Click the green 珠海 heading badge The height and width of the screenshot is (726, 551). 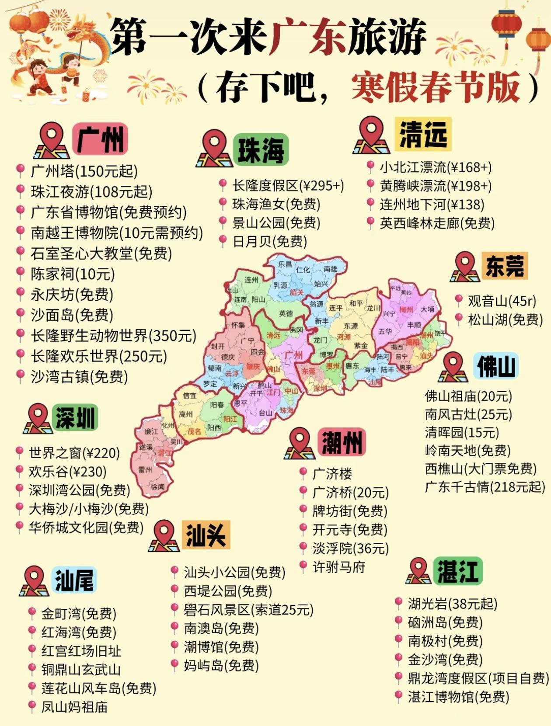click(261, 150)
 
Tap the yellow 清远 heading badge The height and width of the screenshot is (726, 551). click(423, 134)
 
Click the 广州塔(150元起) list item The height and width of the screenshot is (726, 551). click(84, 171)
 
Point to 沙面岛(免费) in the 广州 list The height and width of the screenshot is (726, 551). click(72, 315)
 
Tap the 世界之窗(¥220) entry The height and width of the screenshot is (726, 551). click(74, 453)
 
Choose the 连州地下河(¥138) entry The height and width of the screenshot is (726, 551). click(432, 204)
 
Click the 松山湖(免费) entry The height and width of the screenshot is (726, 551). click(505, 320)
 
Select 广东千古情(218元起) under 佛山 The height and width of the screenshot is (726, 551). click(485, 486)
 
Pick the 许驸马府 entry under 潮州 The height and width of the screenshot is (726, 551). click(339, 567)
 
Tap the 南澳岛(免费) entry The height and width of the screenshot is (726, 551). click(221, 628)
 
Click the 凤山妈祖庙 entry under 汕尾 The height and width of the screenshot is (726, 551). click(74, 707)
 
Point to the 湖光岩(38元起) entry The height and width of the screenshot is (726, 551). click(453, 604)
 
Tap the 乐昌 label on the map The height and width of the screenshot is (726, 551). click(285, 264)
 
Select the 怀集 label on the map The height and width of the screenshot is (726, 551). click(238, 325)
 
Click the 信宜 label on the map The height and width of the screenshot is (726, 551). click(189, 396)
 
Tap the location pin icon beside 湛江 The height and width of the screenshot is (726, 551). click(418, 571)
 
